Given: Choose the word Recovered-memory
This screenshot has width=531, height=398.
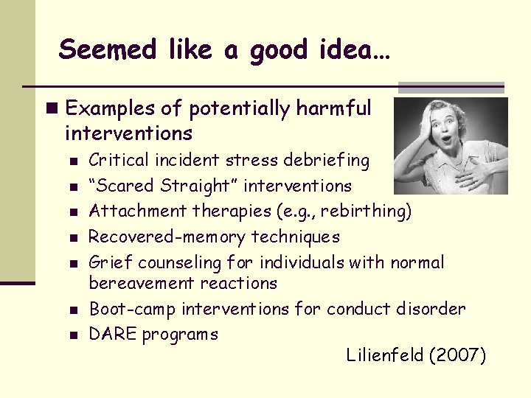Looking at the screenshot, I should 167,237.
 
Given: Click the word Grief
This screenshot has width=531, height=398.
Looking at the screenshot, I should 111,262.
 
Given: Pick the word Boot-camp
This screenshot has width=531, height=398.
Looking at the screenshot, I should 132,308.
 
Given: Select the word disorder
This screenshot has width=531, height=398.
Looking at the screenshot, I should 434,308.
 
